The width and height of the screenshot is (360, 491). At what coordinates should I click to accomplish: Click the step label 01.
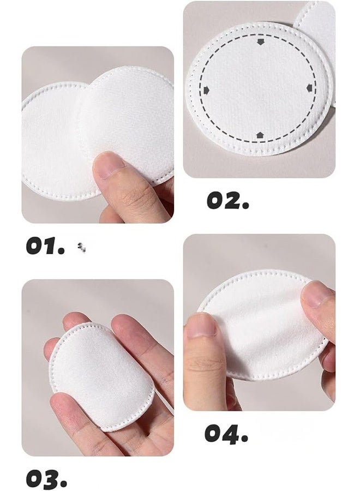pyautogui.click(x=45, y=246)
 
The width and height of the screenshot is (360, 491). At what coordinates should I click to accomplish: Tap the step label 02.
pyautogui.click(x=227, y=201)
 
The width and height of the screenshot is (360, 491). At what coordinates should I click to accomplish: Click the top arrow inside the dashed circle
pyautogui.click(x=260, y=41)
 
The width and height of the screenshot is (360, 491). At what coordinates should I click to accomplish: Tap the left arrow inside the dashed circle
pyautogui.click(x=206, y=89)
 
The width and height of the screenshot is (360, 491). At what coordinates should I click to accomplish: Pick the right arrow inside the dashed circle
pyautogui.click(x=309, y=88)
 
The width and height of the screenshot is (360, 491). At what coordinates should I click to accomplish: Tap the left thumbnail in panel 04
pyautogui.click(x=201, y=326)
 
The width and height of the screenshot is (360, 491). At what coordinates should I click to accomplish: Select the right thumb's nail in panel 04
pyautogui.click(x=317, y=294)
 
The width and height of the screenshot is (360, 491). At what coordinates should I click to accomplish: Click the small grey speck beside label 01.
pyautogui.click(x=82, y=248)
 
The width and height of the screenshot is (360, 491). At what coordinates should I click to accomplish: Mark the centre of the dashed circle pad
pyautogui.click(x=259, y=88)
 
